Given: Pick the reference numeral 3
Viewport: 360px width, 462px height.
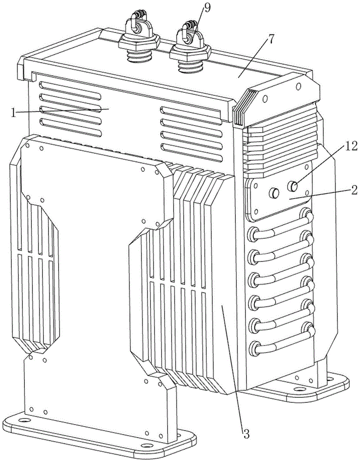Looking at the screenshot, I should (246, 434).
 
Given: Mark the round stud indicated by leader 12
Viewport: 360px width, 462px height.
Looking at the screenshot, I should (292, 187).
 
